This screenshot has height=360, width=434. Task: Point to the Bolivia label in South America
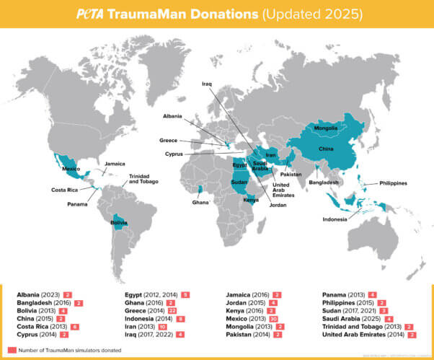tap(119, 223)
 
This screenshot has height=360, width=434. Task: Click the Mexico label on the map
tap(71, 169)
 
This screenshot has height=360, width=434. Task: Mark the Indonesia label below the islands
tap(334, 219)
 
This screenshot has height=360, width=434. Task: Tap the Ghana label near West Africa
tap(200, 202)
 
